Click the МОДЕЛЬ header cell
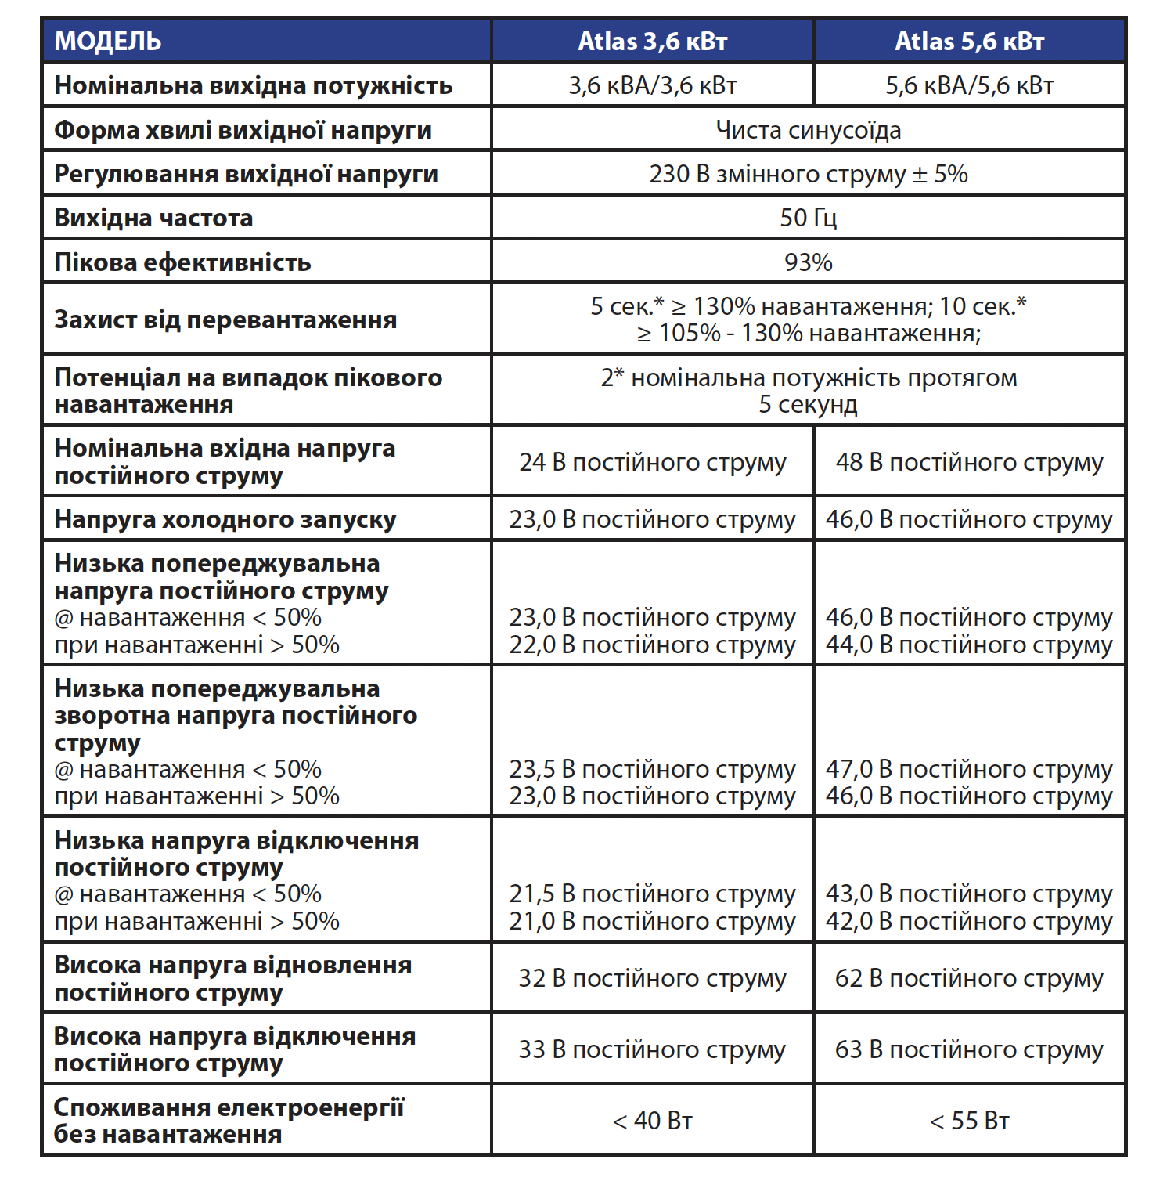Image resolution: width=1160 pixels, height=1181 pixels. point(108,41)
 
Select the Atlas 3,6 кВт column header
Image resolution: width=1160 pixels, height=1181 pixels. point(652,41)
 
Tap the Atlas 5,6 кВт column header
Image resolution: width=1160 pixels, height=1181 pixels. point(969,41)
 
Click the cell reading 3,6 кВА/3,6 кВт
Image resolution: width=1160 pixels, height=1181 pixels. point(652,85)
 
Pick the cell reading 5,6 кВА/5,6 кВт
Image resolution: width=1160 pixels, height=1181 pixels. point(969,85)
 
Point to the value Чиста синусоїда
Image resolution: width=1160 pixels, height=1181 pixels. point(808,130)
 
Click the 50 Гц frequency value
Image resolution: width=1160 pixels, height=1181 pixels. point(808,218)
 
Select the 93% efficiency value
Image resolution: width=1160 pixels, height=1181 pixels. point(808,262)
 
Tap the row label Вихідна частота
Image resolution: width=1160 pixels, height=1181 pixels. point(153,218)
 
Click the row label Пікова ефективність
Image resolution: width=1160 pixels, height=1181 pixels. point(182,262)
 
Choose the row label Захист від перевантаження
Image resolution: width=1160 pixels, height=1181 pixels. point(225,320)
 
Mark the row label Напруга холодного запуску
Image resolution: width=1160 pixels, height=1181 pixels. point(225,520)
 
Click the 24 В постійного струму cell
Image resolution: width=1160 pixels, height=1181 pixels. point(652,462)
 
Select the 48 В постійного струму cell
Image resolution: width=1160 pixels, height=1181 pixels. point(969,462)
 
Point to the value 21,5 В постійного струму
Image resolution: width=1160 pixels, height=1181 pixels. point(652,894)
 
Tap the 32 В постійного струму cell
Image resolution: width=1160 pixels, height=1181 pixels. point(652,978)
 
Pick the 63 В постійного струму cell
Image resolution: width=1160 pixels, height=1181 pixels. point(969,1049)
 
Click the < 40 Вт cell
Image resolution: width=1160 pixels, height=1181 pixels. point(652,1121)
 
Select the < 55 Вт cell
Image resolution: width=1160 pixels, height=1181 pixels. point(969,1121)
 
